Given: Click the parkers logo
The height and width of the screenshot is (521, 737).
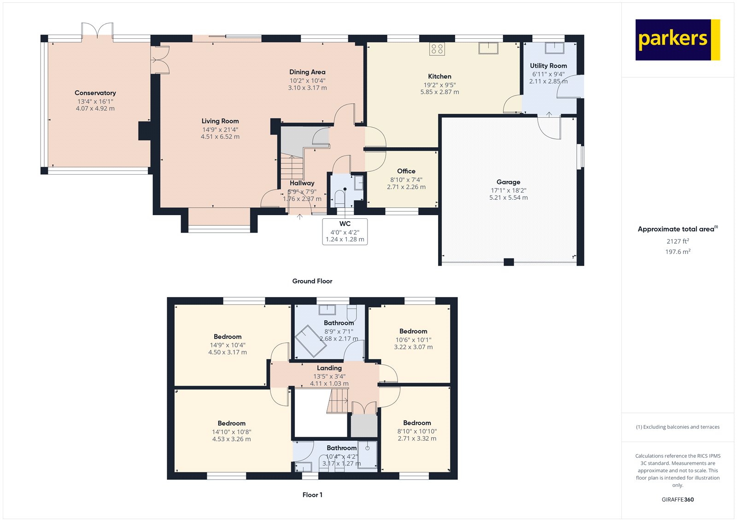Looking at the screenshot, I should [x=677, y=40].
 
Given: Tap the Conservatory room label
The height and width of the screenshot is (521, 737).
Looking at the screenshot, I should [x=95, y=93].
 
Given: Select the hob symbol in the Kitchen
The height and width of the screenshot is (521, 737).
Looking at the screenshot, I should [x=437, y=49].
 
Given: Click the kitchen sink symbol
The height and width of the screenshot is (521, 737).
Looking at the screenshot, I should [x=488, y=48].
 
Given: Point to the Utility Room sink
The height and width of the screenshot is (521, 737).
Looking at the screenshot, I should [x=555, y=47].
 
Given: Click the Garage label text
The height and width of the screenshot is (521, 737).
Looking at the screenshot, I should [x=508, y=182].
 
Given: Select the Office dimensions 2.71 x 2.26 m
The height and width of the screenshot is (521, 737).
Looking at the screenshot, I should [x=406, y=187].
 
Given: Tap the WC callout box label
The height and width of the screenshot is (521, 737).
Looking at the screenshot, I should [x=345, y=224].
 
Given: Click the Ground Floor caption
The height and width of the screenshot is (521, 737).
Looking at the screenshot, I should [x=312, y=281].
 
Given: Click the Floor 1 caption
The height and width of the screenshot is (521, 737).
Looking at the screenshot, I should [x=312, y=495].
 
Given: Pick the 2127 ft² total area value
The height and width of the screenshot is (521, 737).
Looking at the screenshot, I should [x=678, y=241].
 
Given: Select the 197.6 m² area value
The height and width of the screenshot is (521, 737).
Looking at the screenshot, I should [x=678, y=252].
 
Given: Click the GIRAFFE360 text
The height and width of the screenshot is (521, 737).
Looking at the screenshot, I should [x=678, y=499].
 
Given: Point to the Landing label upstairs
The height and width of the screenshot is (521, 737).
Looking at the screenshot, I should [x=329, y=368].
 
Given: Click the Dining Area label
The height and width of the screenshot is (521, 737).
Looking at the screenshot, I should [x=307, y=72].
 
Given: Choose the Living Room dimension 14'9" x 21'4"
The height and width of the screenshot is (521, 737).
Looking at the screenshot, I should [x=220, y=129].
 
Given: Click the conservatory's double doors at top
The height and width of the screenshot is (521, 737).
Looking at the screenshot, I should [x=97, y=31].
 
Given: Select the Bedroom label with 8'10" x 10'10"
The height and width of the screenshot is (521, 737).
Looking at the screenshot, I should [x=417, y=423].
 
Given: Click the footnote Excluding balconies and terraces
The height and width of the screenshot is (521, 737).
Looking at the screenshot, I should [x=678, y=427].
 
